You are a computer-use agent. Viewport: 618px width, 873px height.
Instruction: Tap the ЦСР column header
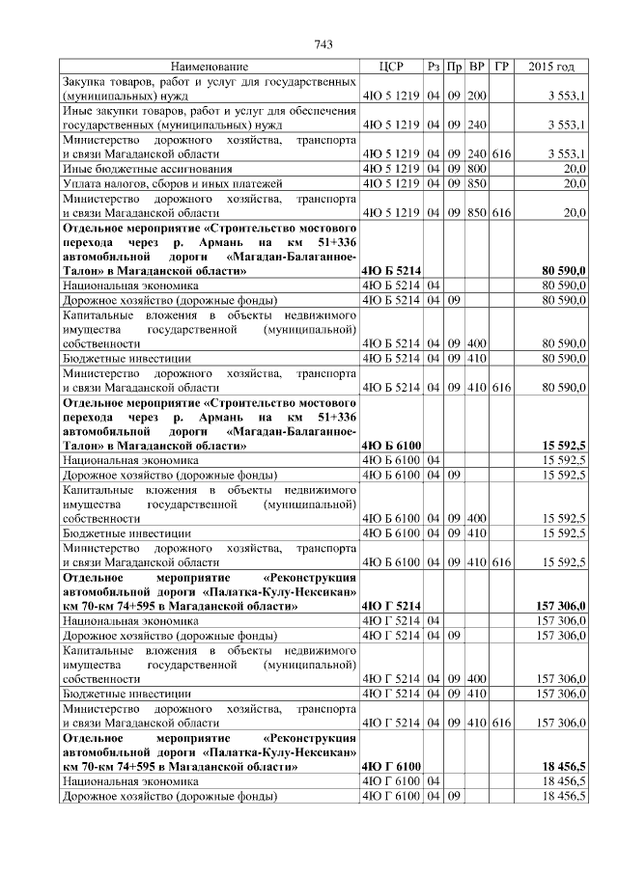391,67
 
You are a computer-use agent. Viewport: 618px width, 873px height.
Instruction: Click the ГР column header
500,67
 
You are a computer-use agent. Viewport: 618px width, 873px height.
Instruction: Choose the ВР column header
476,67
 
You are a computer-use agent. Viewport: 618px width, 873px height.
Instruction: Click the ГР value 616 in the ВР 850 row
500,212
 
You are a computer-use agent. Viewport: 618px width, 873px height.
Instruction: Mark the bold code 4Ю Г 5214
390,606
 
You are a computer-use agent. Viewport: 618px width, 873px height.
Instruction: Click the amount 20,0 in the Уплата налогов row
575,182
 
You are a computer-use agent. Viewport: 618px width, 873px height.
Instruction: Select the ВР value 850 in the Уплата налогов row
476,182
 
